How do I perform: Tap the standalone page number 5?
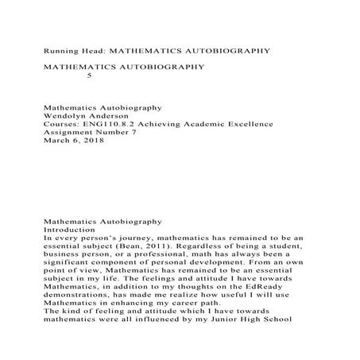[x=88, y=76]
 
